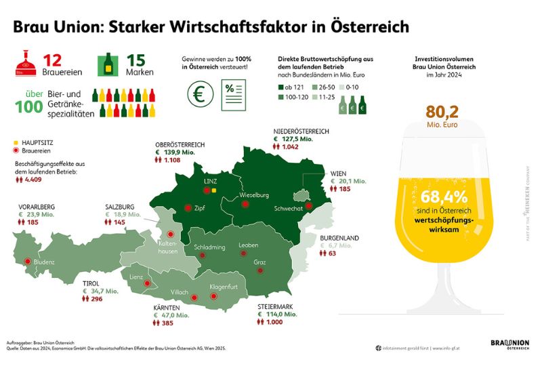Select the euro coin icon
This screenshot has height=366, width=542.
pos(199,94)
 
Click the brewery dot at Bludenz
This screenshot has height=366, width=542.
pos(27,261)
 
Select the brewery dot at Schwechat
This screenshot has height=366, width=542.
pos(309,206)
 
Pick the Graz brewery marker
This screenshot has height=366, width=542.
pos(260,270)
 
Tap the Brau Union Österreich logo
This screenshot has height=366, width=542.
pos(509,345)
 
